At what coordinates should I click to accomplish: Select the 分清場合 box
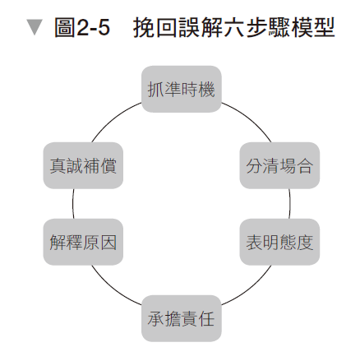point(279,165)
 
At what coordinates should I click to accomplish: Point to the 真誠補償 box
point(83,165)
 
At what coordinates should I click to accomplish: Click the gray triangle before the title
point(33,30)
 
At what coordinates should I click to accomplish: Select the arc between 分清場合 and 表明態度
point(290,204)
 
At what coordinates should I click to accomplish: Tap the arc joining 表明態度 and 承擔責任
point(247,290)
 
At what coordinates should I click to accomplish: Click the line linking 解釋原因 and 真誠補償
point(72,204)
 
